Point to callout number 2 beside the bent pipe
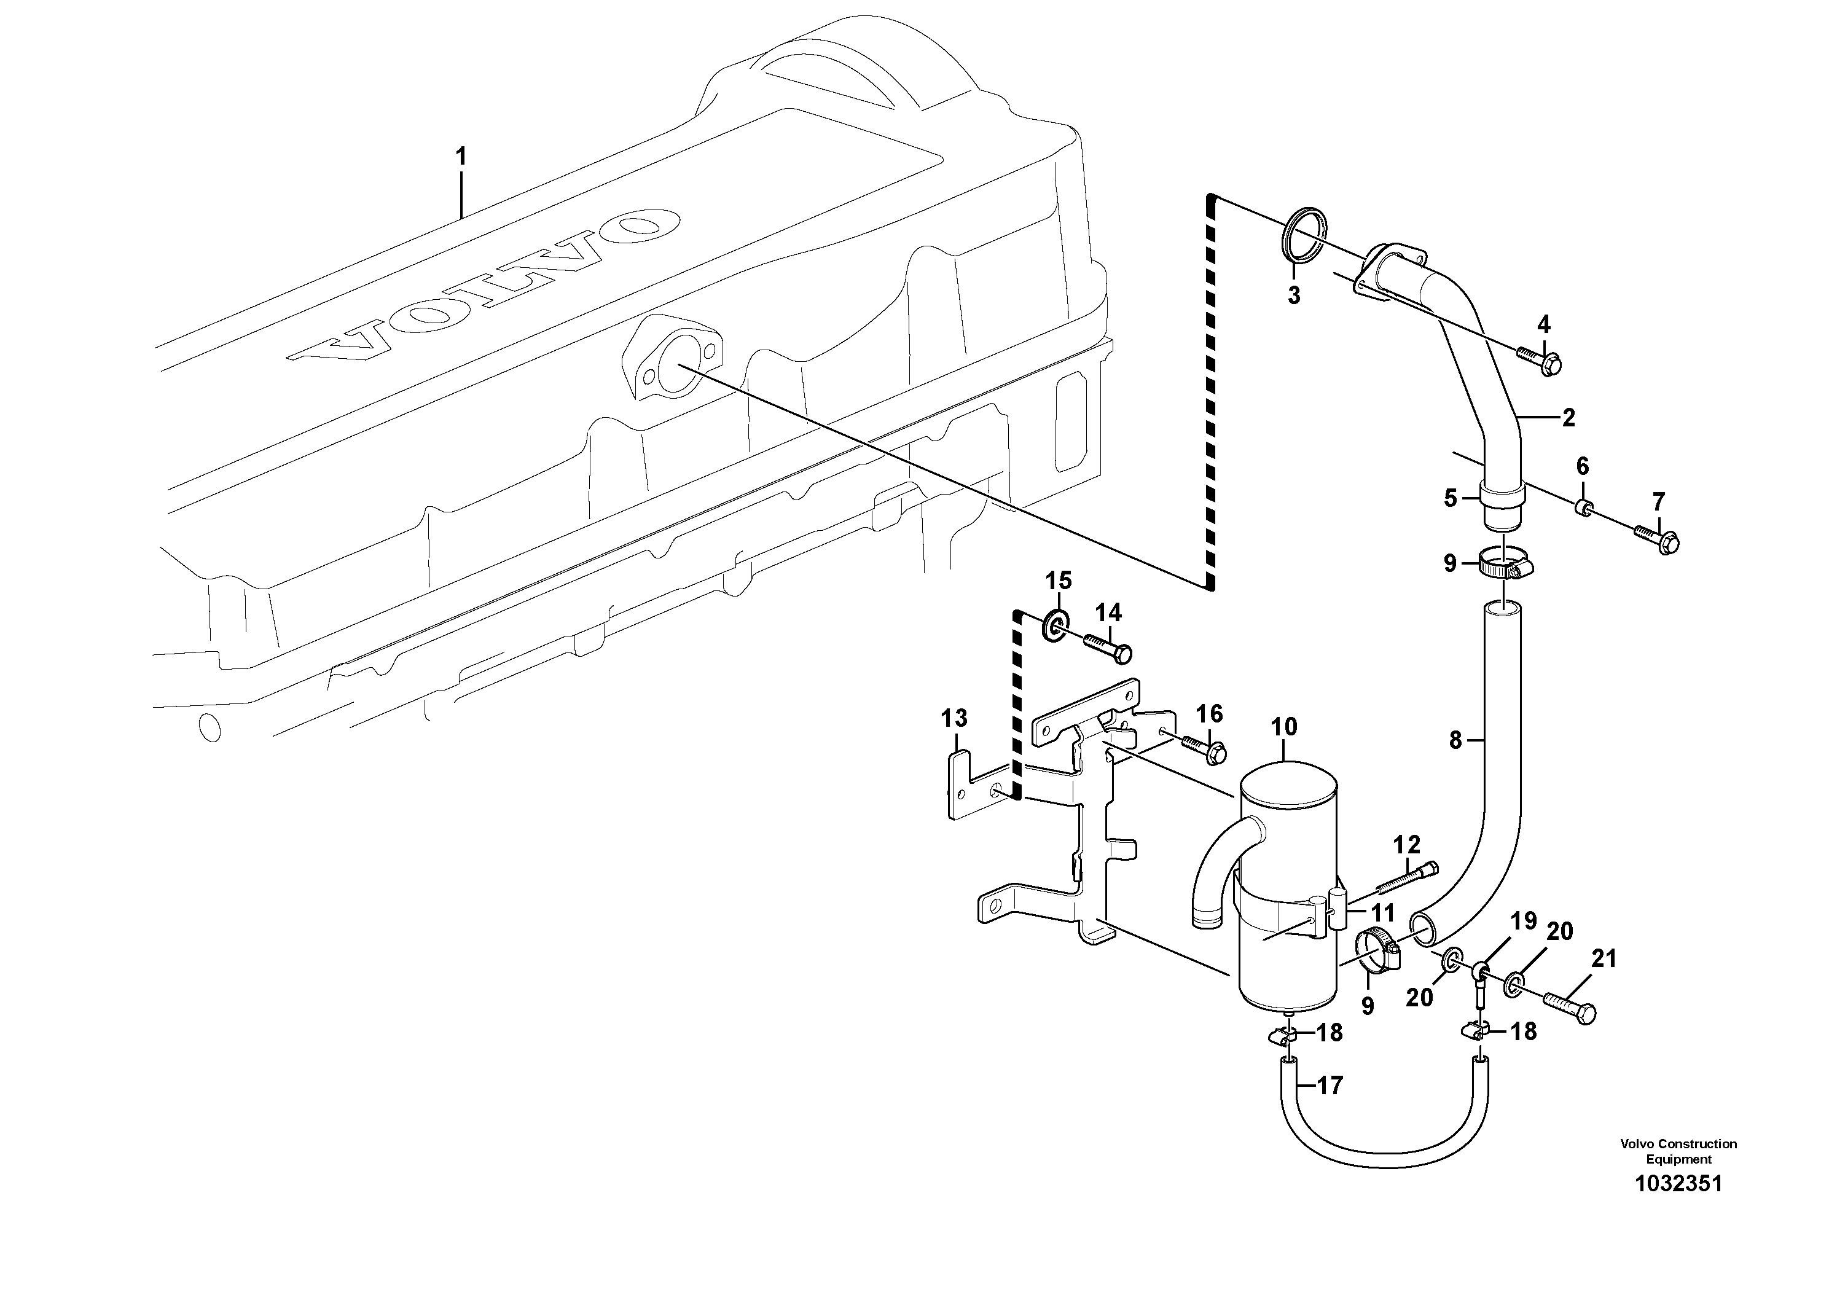pyautogui.click(x=1569, y=417)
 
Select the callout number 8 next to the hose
pyautogui.click(x=1455, y=741)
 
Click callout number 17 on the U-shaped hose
pyautogui.click(x=1330, y=1085)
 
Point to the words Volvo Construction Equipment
pyautogui.click(x=1678, y=1151)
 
